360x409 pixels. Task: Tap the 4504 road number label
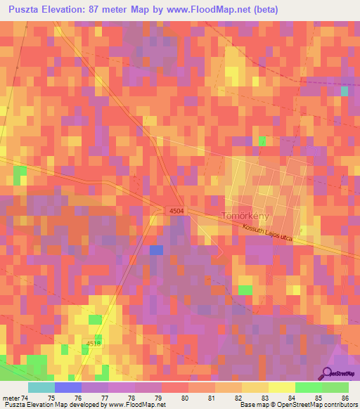[176, 211]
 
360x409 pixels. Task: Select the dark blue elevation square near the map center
[156, 250]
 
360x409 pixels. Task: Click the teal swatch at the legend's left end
[41, 387]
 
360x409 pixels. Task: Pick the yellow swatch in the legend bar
[281, 387]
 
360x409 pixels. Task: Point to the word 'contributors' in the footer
[340, 405]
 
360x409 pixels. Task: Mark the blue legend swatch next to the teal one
[67, 387]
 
